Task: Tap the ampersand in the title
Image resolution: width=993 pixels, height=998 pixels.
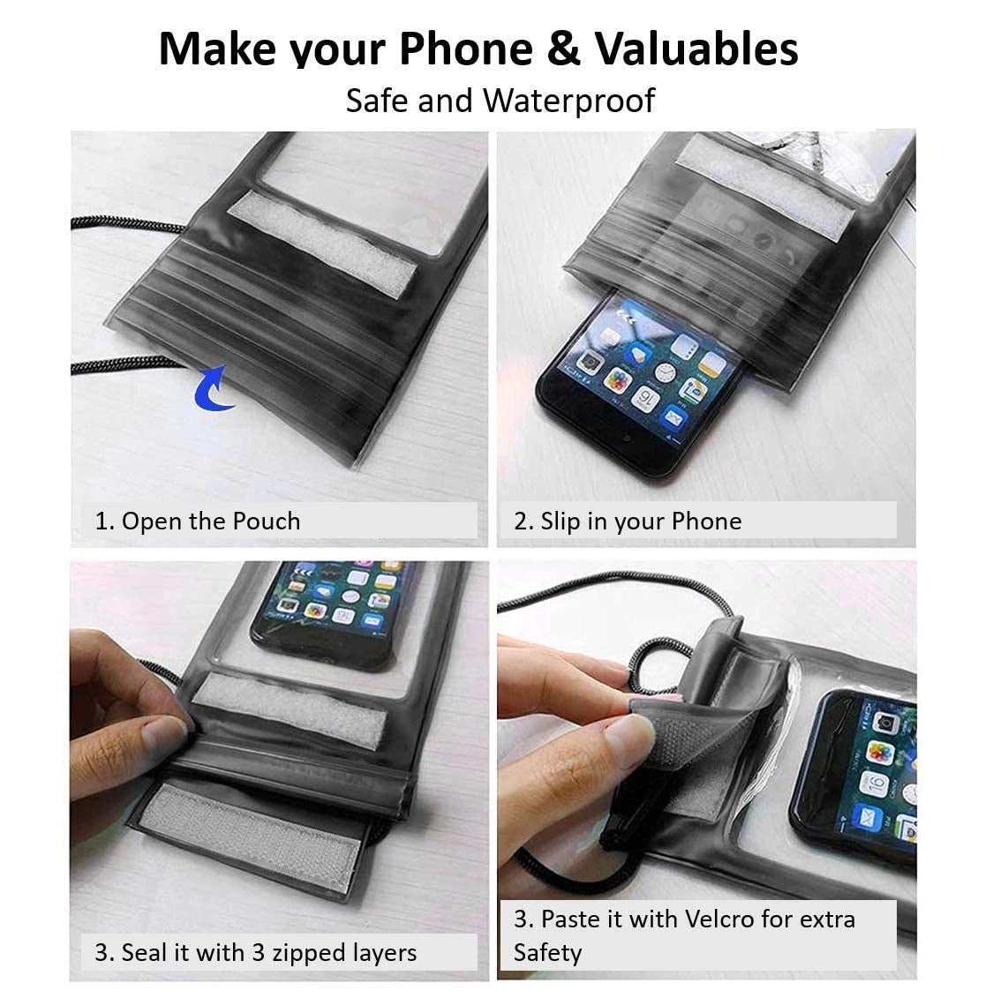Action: tap(563, 49)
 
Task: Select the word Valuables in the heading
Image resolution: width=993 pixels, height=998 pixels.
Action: tap(696, 49)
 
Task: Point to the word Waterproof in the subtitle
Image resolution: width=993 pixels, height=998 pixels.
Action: tap(568, 101)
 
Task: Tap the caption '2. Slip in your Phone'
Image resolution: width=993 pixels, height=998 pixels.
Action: tap(628, 522)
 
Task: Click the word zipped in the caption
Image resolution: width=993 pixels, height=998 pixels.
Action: tap(309, 953)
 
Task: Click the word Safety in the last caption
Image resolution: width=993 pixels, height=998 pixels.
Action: tap(547, 953)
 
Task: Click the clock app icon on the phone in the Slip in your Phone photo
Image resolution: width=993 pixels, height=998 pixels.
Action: tap(665, 373)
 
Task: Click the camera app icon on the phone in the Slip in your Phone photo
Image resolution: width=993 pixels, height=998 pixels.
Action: tap(591, 362)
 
